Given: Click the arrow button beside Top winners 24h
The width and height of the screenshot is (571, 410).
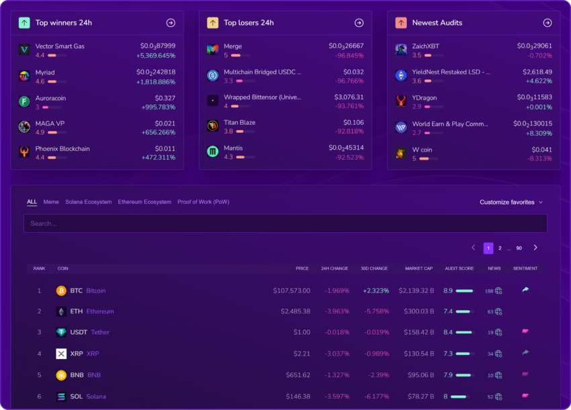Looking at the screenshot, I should pos(171,23).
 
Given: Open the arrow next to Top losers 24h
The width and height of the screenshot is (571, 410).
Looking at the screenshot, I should pos(359,23).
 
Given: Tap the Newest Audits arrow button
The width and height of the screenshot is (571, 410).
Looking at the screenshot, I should pos(547,23).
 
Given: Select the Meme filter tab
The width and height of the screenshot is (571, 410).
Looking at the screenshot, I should pos(51,202).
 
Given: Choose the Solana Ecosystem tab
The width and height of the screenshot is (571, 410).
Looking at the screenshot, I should pos(88,202).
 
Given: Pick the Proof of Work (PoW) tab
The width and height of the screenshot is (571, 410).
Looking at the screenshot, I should pos(203,202).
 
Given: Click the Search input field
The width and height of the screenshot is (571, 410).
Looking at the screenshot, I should pos(285,223).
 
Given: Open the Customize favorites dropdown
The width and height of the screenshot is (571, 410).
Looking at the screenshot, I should pos(511,202).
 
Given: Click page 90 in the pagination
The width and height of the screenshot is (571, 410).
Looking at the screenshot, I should pos(519,248).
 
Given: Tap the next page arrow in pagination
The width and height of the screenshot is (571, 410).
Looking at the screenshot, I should pos(535,248).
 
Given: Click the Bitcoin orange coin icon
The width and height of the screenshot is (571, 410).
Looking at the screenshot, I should pos(61,291).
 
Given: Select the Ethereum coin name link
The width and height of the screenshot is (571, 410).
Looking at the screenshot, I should pos(100,311).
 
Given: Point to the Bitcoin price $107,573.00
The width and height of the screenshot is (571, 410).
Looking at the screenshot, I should pos(292,291).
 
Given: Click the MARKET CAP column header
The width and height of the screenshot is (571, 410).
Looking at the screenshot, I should pos(419,268).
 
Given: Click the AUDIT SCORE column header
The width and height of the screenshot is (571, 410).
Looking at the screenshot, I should pos(459,268).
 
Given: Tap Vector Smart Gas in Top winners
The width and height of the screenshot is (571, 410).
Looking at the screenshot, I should pos(60,46).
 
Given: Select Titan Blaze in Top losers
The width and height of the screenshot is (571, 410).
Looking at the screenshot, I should pos(239,123).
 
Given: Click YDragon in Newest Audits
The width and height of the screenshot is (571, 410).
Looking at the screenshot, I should pos(425,98).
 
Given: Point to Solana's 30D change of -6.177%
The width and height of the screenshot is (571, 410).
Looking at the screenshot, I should pos(375,397).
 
